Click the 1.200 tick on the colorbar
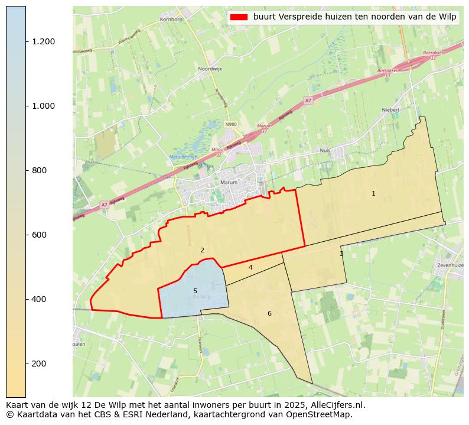click(26, 41)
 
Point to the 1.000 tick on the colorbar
click(26, 106)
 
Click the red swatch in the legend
click(239, 17)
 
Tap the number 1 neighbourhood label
click(373, 194)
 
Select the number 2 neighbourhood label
click(202, 251)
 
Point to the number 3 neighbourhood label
click(341, 254)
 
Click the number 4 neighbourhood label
click(250, 268)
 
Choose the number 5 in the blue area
click(195, 291)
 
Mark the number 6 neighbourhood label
click(269, 313)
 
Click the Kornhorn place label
click(171, 20)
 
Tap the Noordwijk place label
click(210, 69)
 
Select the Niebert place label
click(391, 110)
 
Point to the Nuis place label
click(341, 151)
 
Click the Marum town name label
click(229, 183)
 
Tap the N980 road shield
click(230, 124)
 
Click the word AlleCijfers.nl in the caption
click(338, 405)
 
